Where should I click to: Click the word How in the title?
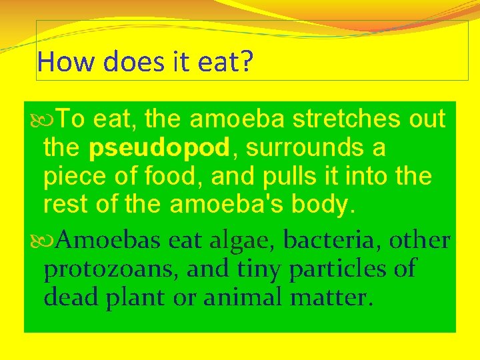tap(59, 62)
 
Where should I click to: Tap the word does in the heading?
tap(117, 62)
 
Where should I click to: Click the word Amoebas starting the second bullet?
tap(108, 239)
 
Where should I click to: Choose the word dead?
tap(72, 297)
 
